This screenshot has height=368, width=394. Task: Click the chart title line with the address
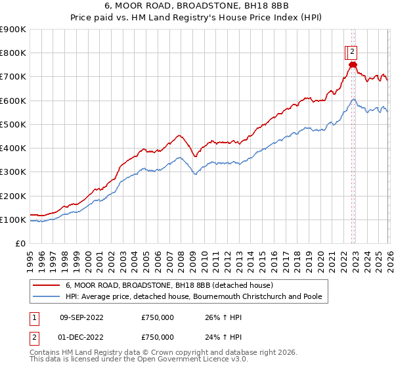tap(197, 7)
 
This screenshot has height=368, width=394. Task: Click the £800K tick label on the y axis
tap(13, 53)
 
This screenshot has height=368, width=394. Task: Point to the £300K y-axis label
tap(13, 172)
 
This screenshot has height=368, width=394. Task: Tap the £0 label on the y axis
tap(20, 244)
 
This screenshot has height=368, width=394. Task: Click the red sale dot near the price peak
tap(353, 64)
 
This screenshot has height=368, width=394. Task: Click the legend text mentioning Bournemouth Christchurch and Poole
tap(194, 296)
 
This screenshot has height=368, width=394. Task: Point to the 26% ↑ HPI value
tap(223, 317)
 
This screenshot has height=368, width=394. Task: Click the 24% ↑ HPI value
tap(223, 337)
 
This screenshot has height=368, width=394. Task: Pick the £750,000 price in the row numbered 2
tap(158, 337)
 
